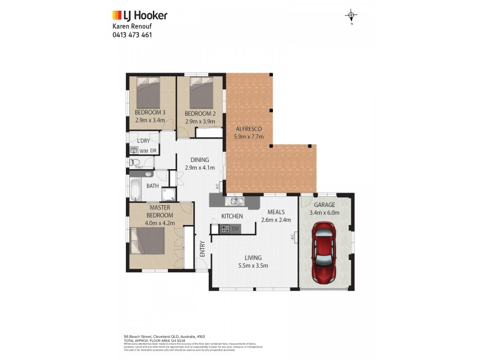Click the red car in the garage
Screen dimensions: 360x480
[325, 253]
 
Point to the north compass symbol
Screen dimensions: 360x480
[352, 16]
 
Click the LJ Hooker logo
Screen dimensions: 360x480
[140, 16]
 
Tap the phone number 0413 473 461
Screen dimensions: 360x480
[132, 35]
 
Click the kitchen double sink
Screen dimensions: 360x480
[235, 201]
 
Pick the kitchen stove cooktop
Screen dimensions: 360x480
[225, 228]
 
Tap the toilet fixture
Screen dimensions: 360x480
[133, 162]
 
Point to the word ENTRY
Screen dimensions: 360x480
[202, 248]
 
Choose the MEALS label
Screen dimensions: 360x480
[276, 211]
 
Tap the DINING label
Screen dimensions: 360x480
[199, 160]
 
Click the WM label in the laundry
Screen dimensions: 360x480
[143, 151]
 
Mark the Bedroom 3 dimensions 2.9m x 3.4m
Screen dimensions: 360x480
[149, 120]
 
